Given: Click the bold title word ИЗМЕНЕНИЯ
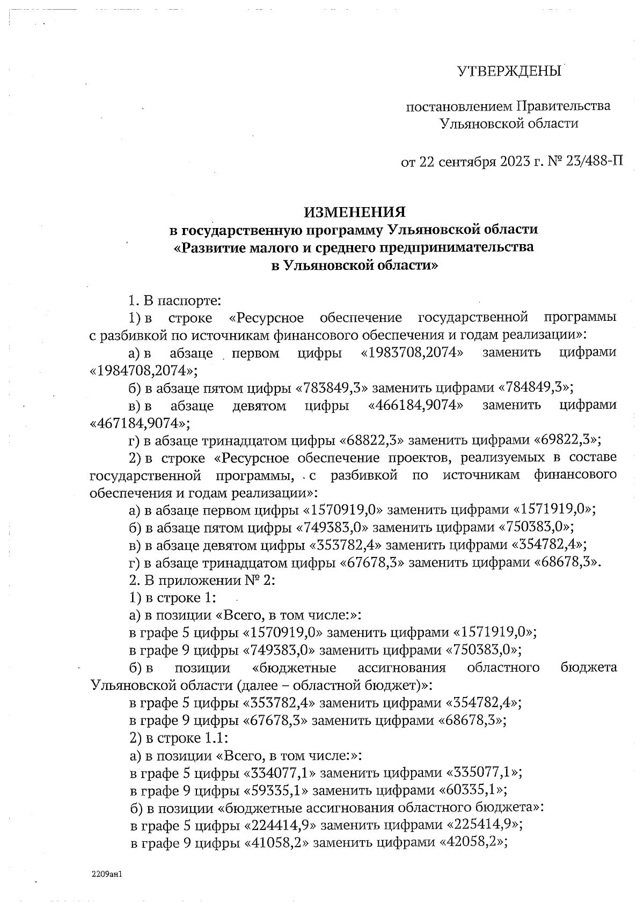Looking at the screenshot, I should point(355,211).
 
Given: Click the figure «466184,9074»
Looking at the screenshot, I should point(416,405).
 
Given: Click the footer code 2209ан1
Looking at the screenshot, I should point(108,873).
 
